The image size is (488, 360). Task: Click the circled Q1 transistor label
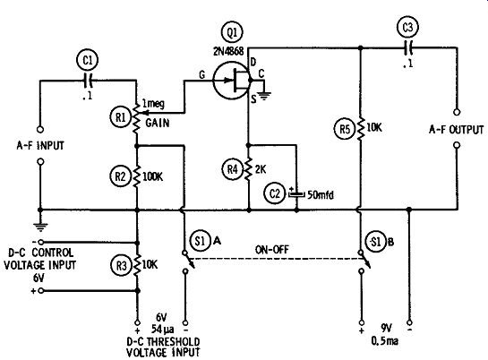232,32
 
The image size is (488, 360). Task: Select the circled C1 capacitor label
88,60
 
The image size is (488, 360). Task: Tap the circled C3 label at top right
407,27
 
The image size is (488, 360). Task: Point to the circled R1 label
121,117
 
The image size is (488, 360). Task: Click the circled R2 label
121,176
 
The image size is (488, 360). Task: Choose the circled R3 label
122,266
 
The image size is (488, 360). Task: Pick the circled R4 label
232,169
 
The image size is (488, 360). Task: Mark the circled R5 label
345,128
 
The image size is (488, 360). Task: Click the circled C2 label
275,193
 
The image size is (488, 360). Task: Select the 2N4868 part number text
228,51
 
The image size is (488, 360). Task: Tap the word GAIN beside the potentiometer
158,123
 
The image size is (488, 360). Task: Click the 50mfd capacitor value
321,195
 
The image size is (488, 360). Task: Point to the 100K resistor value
152,176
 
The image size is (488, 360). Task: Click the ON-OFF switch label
272,250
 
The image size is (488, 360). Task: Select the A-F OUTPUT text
457,130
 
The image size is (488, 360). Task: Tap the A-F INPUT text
40,145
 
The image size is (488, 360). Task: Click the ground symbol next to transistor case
264,95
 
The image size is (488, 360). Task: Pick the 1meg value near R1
153,104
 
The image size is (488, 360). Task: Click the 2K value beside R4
261,169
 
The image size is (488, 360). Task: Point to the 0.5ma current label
385,341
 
